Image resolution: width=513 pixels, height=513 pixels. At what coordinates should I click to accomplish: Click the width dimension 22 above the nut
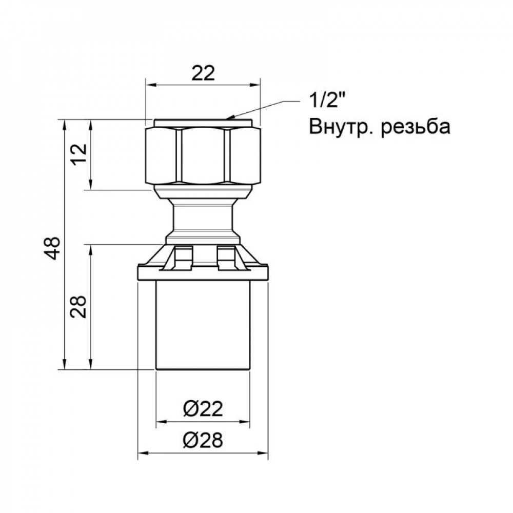(x=203, y=74)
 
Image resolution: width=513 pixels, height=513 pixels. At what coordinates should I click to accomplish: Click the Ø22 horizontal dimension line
(x=203, y=423)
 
